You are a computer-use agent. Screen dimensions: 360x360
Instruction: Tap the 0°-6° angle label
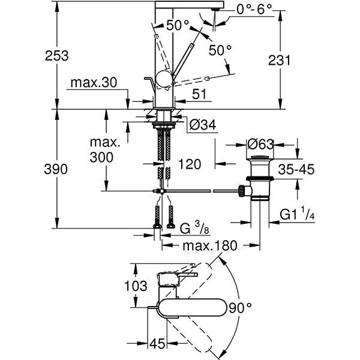[x=238, y=10]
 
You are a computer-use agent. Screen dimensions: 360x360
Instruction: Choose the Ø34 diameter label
[x=202, y=125]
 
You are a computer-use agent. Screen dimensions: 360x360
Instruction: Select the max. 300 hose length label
[x=106, y=151]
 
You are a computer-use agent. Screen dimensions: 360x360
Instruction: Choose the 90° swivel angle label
[x=239, y=308]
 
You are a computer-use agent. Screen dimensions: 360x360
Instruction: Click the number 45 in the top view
[x=158, y=344]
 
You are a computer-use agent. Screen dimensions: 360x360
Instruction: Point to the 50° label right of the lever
[x=220, y=50]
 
